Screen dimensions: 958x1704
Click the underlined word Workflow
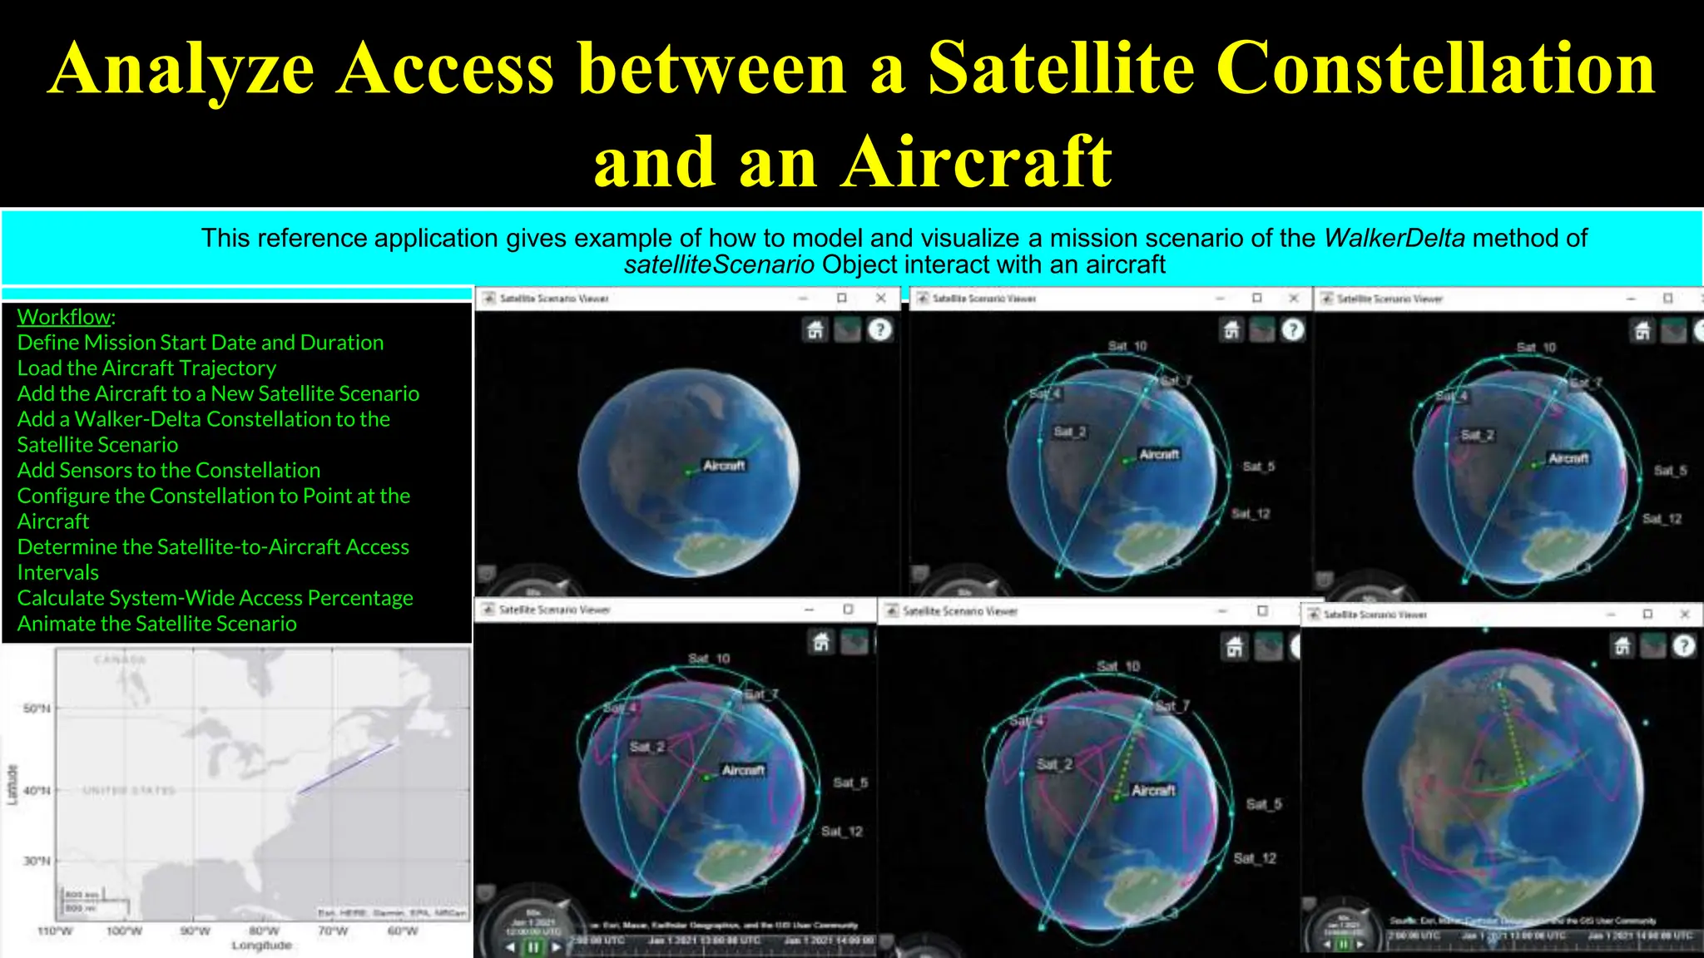pyautogui.click(x=64, y=317)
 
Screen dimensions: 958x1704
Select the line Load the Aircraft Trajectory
pyautogui.click(x=146, y=368)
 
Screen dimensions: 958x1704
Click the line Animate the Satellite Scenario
pyautogui.click(x=156, y=624)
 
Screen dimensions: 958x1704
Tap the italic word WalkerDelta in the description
pyautogui.click(x=1394, y=239)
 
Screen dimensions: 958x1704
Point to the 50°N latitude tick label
pyautogui.click(x=37, y=709)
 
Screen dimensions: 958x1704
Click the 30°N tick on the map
pyautogui.click(x=37, y=861)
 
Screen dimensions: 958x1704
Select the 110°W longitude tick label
pyautogui.click(x=55, y=931)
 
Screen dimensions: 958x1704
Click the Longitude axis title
pyautogui.click(x=261, y=946)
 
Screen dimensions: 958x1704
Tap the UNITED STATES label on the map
pyautogui.click(x=129, y=790)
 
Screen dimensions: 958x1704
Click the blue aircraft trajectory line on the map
pyautogui.click(x=345, y=768)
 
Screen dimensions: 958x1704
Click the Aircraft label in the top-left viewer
pyautogui.click(x=723, y=466)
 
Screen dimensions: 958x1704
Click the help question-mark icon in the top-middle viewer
pyautogui.click(x=1292, y=330)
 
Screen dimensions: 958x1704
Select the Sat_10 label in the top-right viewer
pyautogui.click(x=1535, y=348)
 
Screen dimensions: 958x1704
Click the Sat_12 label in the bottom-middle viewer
pyautogui.click(x=1255, y=858)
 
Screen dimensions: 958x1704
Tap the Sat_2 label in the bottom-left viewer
pyautogui.click(x=646, y=747)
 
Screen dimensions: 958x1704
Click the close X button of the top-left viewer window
pyautogui.click(x=880, y=298)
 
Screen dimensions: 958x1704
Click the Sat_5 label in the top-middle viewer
pyautogui.click(x=1258, y=467)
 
